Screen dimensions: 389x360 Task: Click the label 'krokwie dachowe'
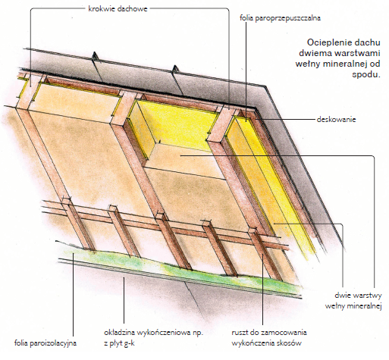tap(118, 9)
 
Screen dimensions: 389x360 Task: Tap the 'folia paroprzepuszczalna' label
tap(280, 18)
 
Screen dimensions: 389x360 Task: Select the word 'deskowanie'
tap(336, 119)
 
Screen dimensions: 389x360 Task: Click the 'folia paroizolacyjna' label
tap(45, 343)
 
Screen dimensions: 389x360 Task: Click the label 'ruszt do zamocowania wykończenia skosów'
tap(269, 338)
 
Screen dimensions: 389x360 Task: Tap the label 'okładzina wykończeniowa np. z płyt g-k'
tap(153, 338)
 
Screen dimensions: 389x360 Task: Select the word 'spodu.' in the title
tap(366, 75)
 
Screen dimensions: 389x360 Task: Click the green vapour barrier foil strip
tap(177, 268)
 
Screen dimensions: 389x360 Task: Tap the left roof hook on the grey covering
tap(95, 56)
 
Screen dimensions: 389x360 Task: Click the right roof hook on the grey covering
tap(174, 70)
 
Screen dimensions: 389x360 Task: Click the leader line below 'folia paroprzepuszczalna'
tap(246, 71)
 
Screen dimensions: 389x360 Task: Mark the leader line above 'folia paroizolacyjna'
tap(73, 295)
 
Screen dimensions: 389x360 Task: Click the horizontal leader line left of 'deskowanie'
tap(285, 119)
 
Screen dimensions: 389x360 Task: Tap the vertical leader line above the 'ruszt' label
tap(262, 290)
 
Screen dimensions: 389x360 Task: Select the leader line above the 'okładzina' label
tap(124, 300)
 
